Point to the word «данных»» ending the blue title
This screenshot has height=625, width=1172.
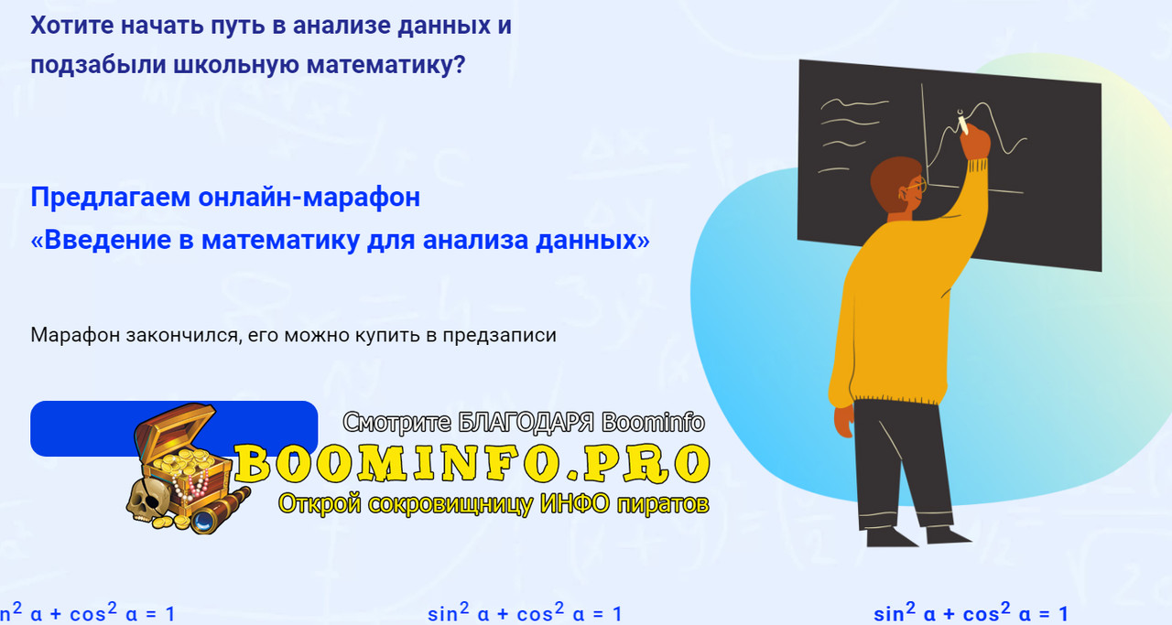pyautogui.click(x=597, y=241)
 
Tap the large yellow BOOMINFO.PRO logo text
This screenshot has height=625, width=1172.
pyautogui.click(x=472, y=464)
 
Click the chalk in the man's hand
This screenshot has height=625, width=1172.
pyautogui.click(x=961, y=121)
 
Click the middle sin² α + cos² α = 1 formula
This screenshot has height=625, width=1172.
pyautogui.click(x=525, y=613)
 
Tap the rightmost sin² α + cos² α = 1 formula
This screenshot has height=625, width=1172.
pyautogui.click(x=971, y=613)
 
